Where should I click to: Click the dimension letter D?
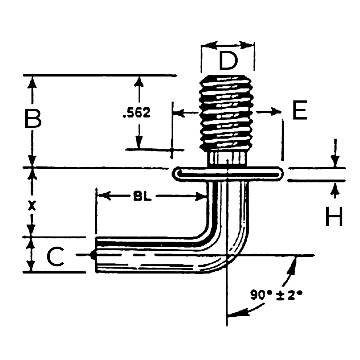point(228,60)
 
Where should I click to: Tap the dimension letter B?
point(33,118)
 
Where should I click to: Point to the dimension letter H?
point(334,216)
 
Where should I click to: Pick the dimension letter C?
point(55,257)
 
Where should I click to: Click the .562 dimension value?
point(137,113)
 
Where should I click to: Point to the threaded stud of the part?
point(227,112)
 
